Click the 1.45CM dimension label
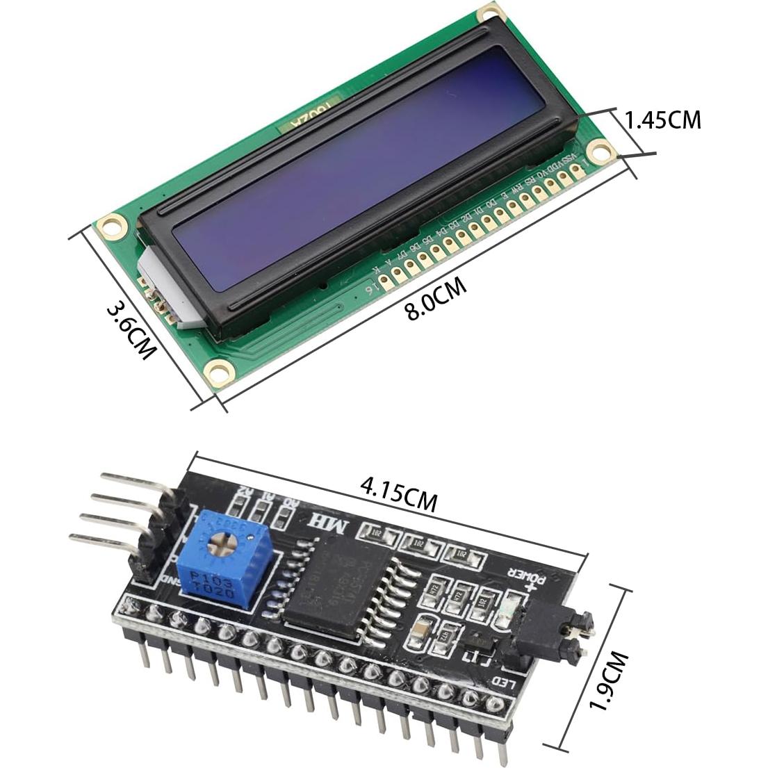pos(662,120)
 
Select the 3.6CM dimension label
pos(130,329)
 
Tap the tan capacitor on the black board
pos(423,629)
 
